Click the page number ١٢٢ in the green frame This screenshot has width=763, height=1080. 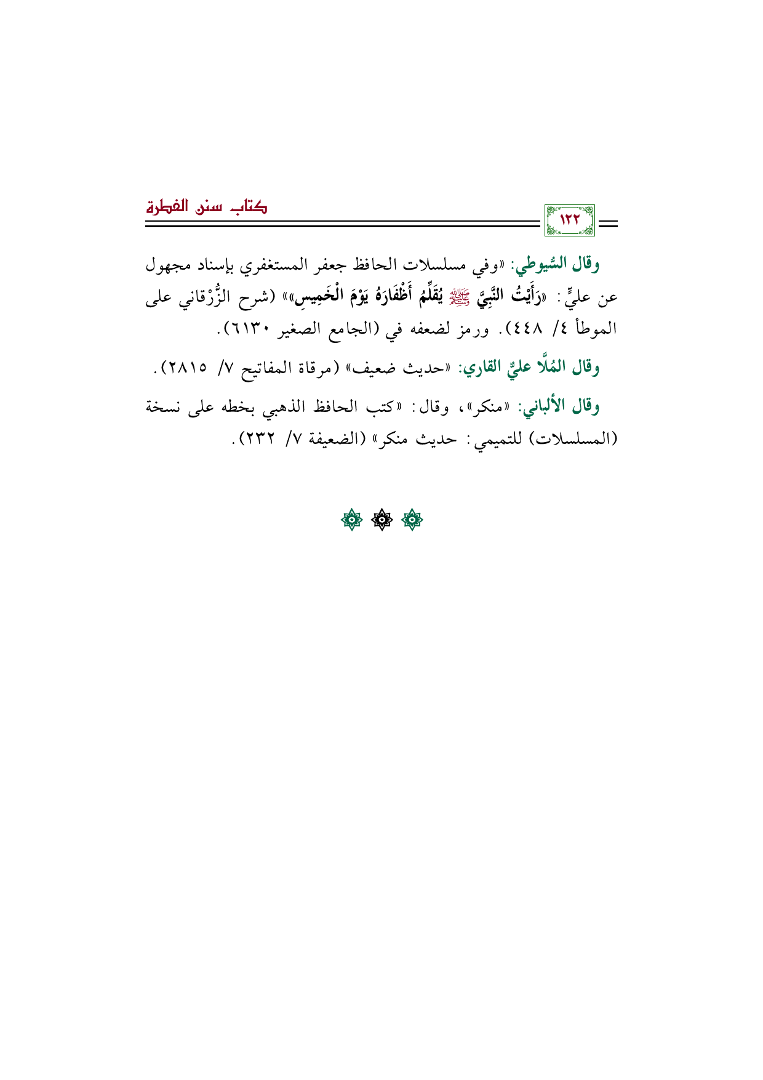pyautogui.click(x=569, y=220)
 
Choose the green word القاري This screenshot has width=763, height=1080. pyautogui.click(x=485, y=368)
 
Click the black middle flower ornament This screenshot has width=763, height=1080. pyautogui.click(x=381, y=520)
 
